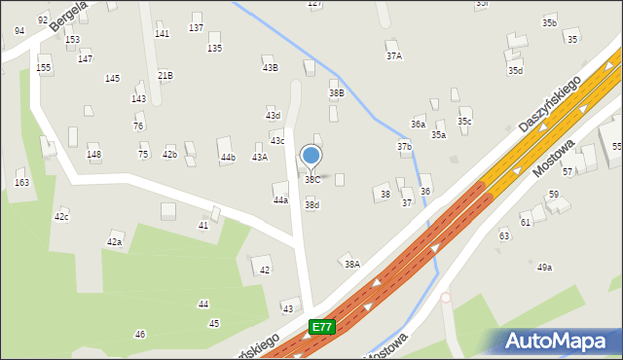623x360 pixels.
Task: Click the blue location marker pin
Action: click(x=311, y=156)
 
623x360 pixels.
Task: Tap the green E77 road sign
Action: click(x=323, y=328)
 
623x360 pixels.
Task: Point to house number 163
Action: click(x=21, y=183)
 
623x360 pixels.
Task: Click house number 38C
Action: click(x=311, y=180)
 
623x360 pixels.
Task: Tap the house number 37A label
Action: click(x=393, y=56)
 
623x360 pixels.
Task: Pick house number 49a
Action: click(x=544, y=267)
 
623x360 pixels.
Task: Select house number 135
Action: click(x=214, y=48)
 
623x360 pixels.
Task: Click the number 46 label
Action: click(x=140, y=335)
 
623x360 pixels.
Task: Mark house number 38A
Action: click(x=351, y=264)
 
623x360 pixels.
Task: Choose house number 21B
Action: click(x=165, y=75)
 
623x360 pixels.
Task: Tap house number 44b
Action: click(x=228, y=157)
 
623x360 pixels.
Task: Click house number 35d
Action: click(x=515, y=70)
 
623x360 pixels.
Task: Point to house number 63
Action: click(x=504, y=236)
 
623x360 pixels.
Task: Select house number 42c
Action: click(x=61, y=217)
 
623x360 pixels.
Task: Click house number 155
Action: click(x=44, y=68)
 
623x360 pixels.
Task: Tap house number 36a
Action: click(x=418, y=125)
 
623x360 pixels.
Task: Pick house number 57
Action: click(x=568, y=171)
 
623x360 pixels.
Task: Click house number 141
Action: click(x=162, y=34)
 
